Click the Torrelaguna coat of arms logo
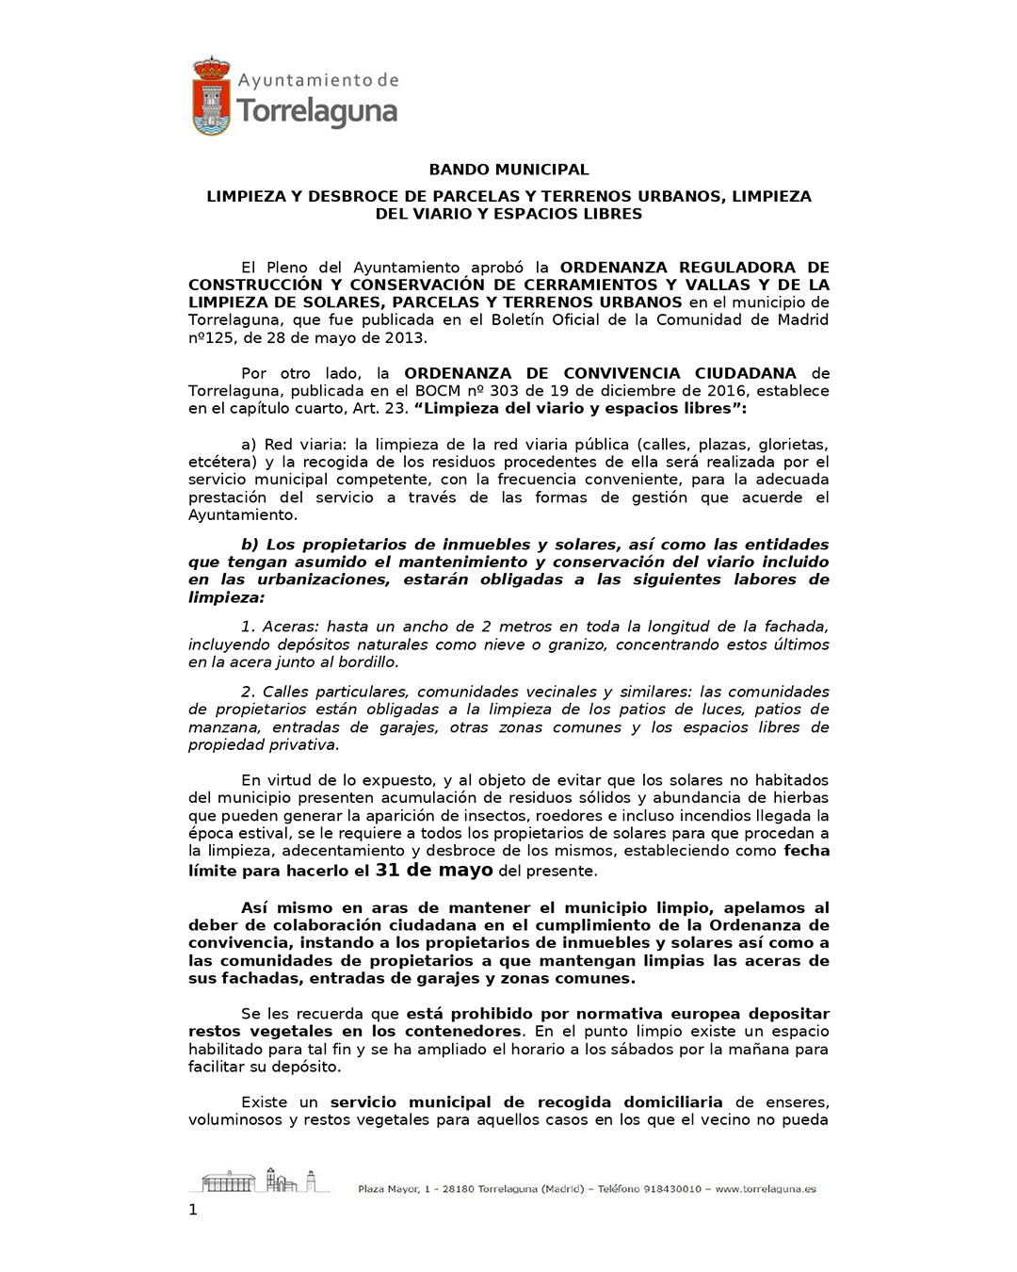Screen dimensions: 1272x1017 coord(212,96)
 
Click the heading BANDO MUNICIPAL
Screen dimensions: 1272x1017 coord(508,170)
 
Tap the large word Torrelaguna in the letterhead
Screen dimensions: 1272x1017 coord(317,112)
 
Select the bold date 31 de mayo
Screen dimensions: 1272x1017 coord(434,870)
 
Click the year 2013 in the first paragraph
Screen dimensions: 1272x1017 coord(407,337)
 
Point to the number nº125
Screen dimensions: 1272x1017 coord(210,337)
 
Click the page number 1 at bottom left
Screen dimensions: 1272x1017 coord(193,1210)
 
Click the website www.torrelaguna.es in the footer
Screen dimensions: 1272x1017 coord(766,1189)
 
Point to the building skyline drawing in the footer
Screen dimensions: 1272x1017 coord(259,1180)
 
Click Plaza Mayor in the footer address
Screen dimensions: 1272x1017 coord(388,1189)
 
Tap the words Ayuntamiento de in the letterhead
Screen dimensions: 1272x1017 coord(318,81)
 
